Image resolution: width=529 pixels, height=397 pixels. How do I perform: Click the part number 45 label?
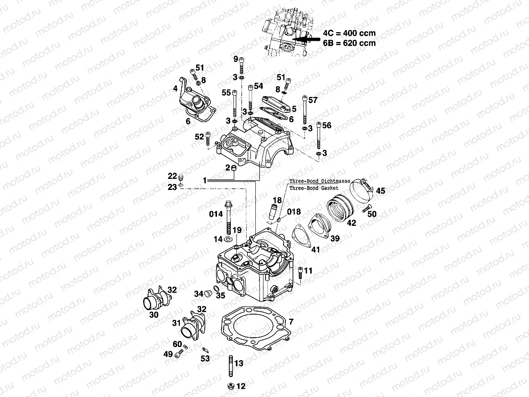381,191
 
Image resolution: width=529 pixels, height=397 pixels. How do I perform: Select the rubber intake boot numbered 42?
341,208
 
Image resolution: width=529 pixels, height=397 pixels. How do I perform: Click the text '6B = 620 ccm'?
349,43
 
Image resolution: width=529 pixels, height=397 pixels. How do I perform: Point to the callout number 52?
199,136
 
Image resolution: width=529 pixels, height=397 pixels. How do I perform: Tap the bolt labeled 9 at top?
242,65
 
